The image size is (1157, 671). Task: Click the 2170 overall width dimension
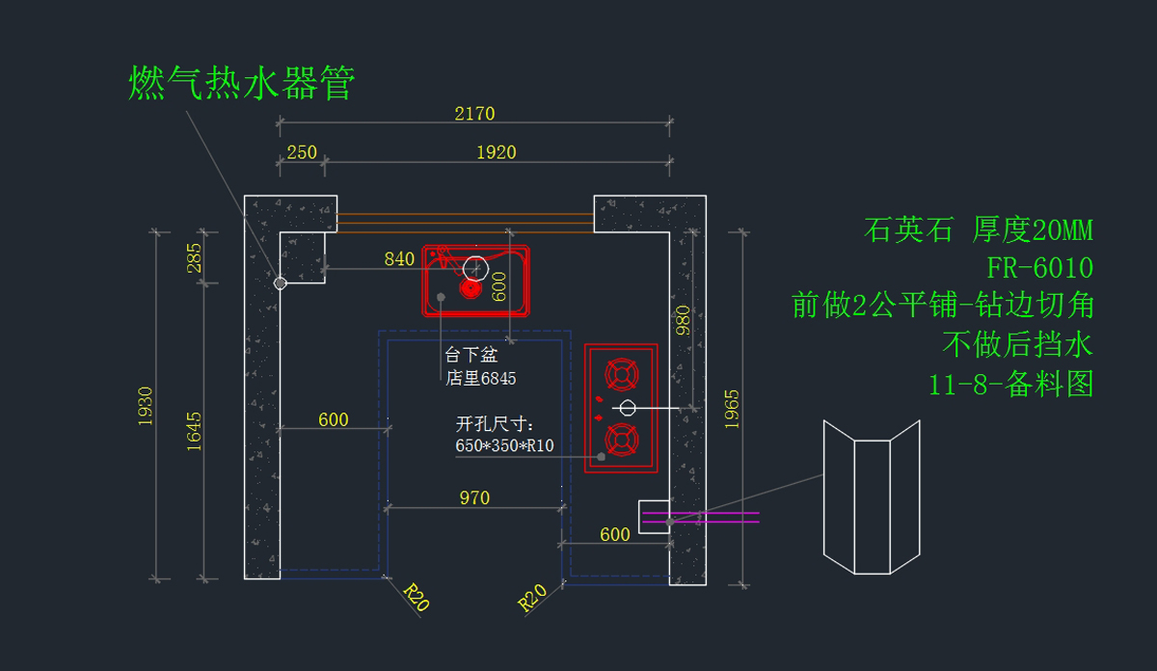[x=474, y=114]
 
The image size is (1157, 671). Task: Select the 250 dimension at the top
[x=302, y=152]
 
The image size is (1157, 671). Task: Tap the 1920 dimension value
[x=496, y=152]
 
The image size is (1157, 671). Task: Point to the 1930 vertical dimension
[x=146, y=406]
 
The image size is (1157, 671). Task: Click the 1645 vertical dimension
[x=194, y=431]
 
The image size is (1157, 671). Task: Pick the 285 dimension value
[x=194, y=257]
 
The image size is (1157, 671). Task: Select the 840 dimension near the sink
[x=399, y=258]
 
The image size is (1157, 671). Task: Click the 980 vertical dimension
[x=683, y=320]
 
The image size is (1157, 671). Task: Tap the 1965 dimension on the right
[x=732, y=409]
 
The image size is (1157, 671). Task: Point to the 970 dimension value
[x=474, y=498]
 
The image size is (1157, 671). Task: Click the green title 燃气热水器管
[x=241, y=83]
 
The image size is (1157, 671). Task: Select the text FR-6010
[x=1039, y=268]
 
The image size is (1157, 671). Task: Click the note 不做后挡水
[x=1017, y=344]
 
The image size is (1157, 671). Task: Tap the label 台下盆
[x=471, y=355]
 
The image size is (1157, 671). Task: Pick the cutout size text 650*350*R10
[x=504, y=445]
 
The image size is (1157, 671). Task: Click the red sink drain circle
[x=471, y=288]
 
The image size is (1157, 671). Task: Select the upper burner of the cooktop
[x=621, y=374]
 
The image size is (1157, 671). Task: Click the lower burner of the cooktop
[x=621, y=440]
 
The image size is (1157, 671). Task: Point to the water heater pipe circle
[x=280, y=283]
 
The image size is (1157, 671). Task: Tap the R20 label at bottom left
[x=416, y=597]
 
